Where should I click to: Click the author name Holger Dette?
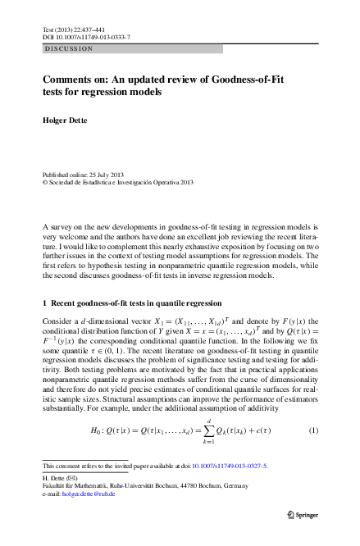tap(64, 121)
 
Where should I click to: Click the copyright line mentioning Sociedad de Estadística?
tap(117, 184)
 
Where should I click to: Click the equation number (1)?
tap(313, 430)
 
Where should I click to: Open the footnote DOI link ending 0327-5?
tap(233, 466)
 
